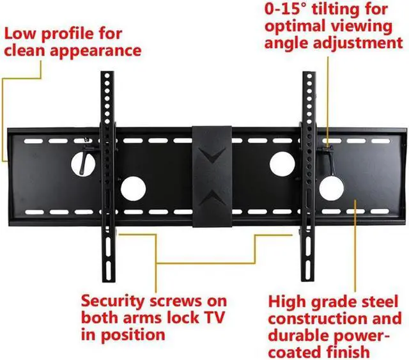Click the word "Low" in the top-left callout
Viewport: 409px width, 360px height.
(x=21, y=31)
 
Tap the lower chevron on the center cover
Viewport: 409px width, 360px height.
(x=212, y=195)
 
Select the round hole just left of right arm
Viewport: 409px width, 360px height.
(x=281, y=164)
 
